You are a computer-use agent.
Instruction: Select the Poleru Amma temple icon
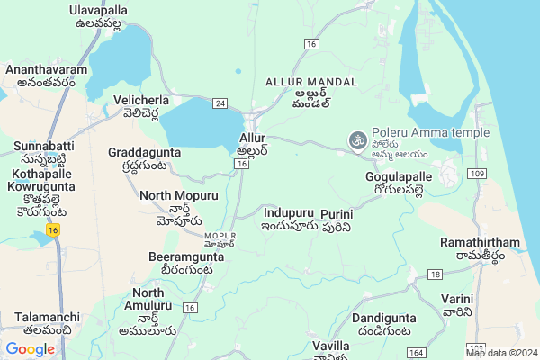[355, 140]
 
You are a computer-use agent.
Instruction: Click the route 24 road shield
[220, 103]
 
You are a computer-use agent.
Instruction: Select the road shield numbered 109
[477, 172]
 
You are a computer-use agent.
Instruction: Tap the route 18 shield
[436, 274]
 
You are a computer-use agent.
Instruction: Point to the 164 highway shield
[416, 353]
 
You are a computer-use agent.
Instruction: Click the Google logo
[30, 349]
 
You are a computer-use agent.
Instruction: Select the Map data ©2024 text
[501, 353]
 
